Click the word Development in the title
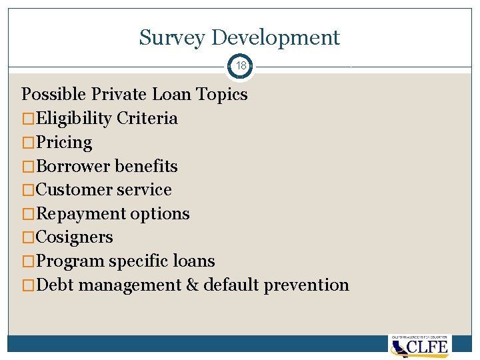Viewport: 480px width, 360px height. pyautogui.click(x=275, y=38)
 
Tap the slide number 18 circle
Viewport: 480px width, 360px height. pyautogui.click(x=241, y=67)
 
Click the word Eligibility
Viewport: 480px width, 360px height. pyautogui.click(x=73, y=119)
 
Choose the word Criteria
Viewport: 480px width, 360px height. pyautogui.click(x=147, y=119)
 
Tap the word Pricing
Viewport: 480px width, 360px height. pyautogui.click(x=64, y=143)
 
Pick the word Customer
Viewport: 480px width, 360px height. pyautogui.click(x=75, y=190)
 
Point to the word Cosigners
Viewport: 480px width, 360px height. pyautogui.click(x=75, y=237)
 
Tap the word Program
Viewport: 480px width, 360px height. pyautogui.click(x=70, y=261)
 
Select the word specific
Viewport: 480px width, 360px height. pyautogui.click(x=135, y=261)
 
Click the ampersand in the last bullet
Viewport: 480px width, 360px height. pyautogui.click(x=192, y=285)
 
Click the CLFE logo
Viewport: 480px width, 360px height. pyautogui.click(x=420, y=346)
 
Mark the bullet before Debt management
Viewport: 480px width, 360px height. pyautogui.click(x=29, y=285)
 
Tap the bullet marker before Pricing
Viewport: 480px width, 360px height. pyautogui.click(x=29, y=143)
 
